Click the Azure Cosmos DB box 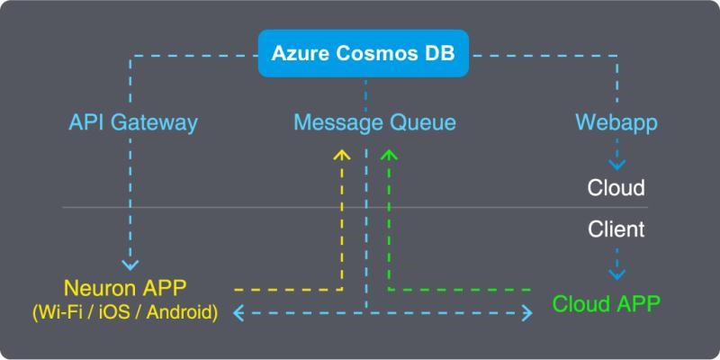[364, 53]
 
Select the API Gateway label [133, 123]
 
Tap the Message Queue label [374, 123]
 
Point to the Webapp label [616, 123]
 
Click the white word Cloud [616, 188]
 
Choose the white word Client [616, 229]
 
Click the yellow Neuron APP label [125, 288]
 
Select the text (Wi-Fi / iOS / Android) [125, 312]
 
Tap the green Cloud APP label [606, 303]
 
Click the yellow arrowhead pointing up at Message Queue [342, 154]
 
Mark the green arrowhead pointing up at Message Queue [389, 154]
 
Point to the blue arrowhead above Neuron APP [130, 265]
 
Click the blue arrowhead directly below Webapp [616, 165]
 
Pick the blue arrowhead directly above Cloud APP [616, 274]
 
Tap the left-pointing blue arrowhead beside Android [238, 313]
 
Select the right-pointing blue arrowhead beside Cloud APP [527, 313]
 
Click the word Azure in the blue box [301, 53]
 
